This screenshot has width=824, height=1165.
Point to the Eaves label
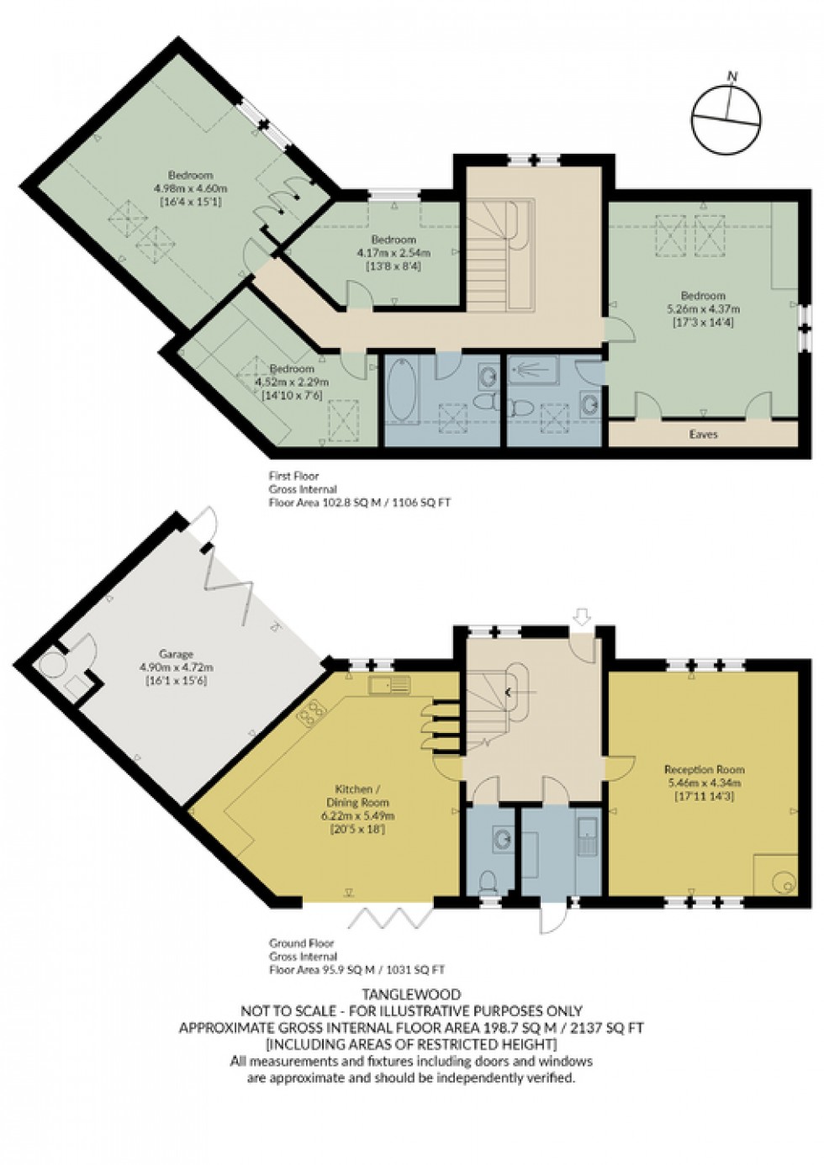click(x=703, y=435)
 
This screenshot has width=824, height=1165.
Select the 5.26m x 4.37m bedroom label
click(x=703, y=308)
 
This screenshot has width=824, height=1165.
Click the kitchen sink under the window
click(x=388, y=686)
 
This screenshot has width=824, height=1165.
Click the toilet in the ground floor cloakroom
click(x=487, y=880)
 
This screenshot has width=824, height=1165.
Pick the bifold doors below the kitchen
click(x=383, y=918)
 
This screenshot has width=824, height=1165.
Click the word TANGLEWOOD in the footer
click(x=411, y=995)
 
